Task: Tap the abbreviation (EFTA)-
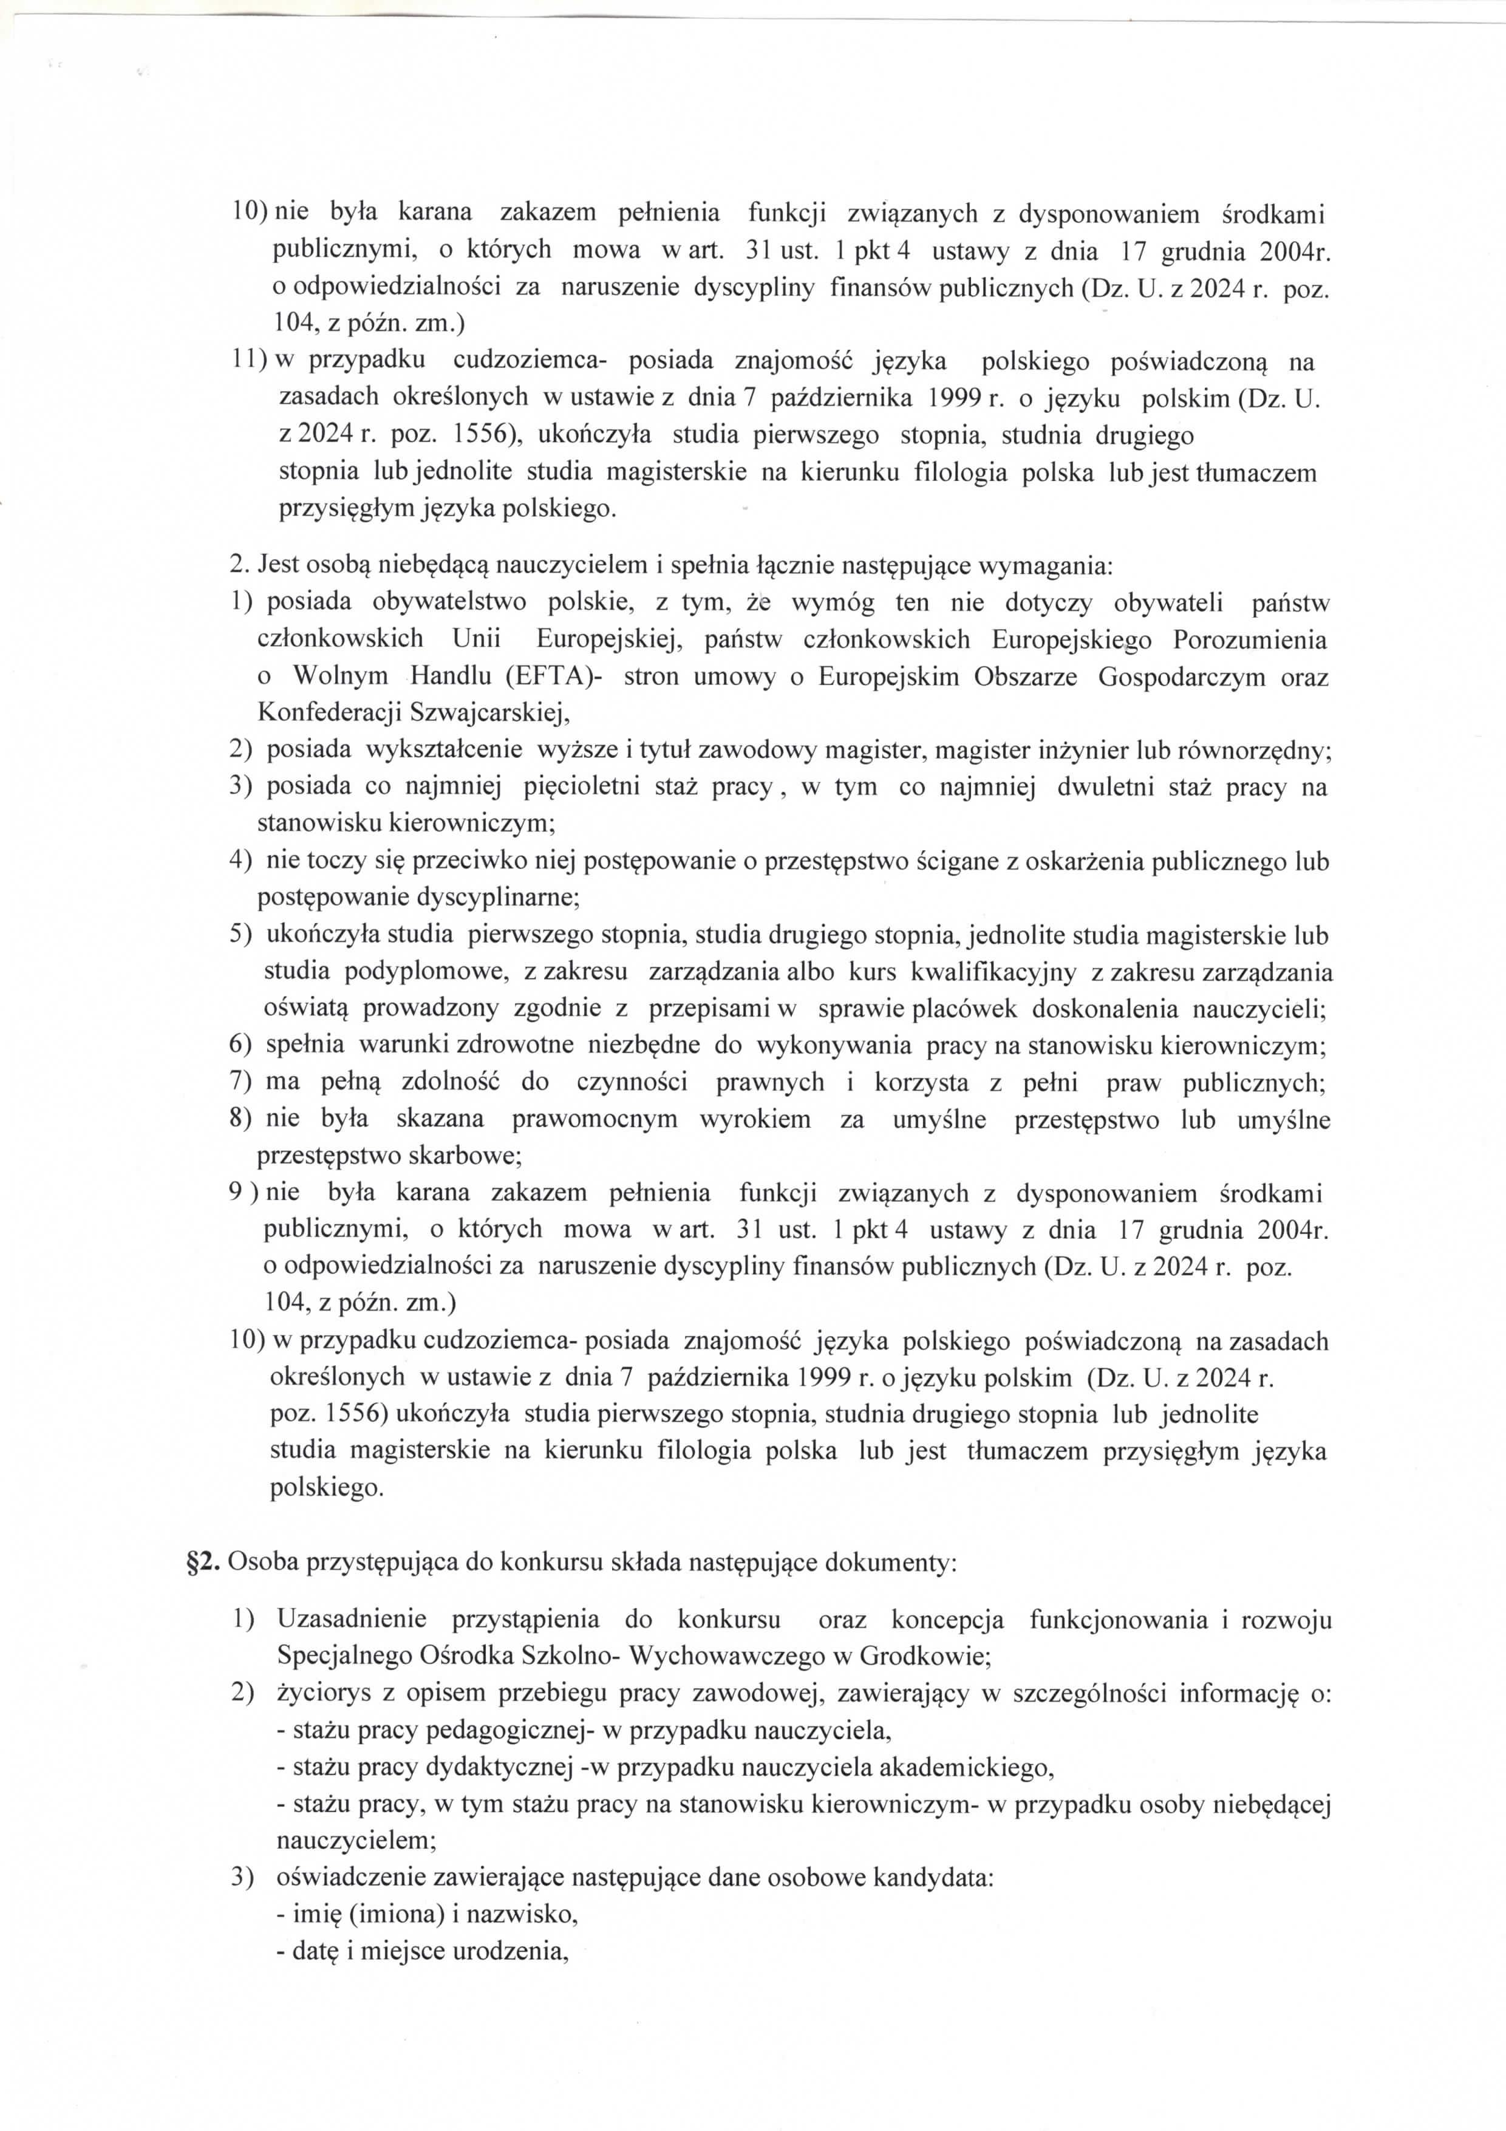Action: point(554,677)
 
